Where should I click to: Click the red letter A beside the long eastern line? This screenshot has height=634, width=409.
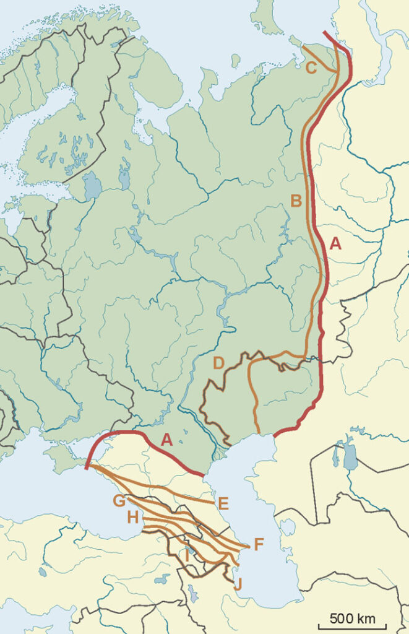coord(335,244)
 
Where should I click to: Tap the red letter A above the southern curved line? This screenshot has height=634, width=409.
coord(166,440)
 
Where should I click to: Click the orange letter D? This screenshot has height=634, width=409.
coord(218,363)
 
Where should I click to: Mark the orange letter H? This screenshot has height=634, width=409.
coord(132,517)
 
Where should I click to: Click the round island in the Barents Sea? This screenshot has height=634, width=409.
coord(235,61)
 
